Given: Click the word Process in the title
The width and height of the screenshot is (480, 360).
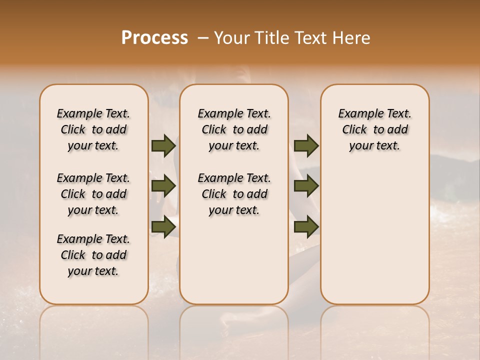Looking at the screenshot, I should click(x=154, y=38).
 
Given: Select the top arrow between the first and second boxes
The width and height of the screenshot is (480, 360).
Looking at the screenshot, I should click(x=163, y=146).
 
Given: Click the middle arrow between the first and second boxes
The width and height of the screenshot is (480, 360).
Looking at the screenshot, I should click(x=163, y=186).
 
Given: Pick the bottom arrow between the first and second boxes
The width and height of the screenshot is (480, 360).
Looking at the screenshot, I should click(x=163, y=226).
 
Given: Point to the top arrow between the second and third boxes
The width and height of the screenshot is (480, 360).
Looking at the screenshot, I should click(x=306, y=146).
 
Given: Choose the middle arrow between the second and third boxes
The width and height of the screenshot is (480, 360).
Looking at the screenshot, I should click(x=306, y=186).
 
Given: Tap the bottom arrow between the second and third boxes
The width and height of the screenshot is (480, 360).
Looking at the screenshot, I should click(x=306, y=226).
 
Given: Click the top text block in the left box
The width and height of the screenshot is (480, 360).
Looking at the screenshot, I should click(x=93, y=129).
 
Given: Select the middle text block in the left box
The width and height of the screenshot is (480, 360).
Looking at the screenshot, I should click(x=93, y=194).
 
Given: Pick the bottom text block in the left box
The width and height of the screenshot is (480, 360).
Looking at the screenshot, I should click(x=93, y=255).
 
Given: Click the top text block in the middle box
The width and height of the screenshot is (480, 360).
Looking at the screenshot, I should click(x=234, y=129).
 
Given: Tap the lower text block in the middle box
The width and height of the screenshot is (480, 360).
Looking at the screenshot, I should click(x=234, y=194).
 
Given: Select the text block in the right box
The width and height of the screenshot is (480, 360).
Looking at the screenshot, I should click(x=374, y=129).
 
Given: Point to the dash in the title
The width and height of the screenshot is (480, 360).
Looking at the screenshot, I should click(x=202, y=38).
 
